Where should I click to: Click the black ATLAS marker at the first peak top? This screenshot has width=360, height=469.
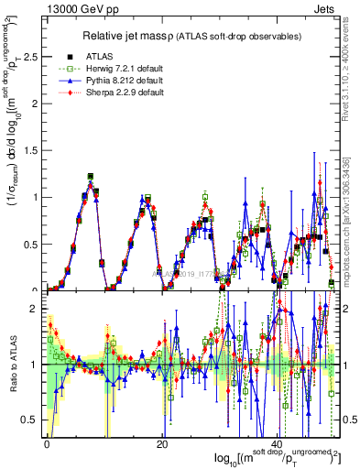(91, 176)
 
